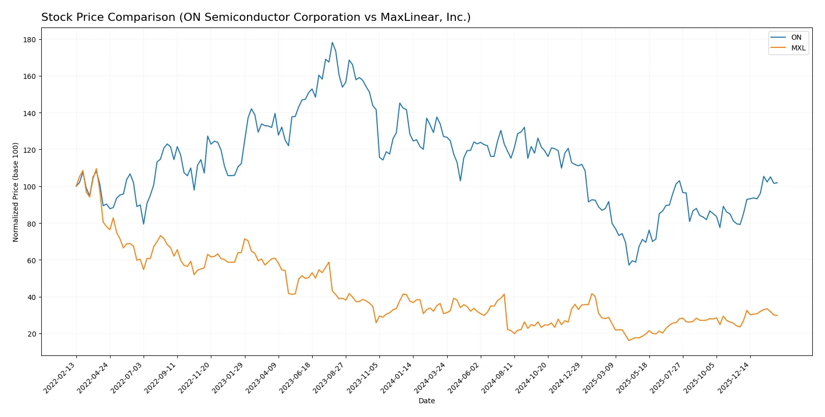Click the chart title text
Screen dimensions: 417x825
click(256, 17)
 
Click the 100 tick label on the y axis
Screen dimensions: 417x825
click(30, 187)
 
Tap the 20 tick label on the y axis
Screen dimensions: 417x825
click(32, 334)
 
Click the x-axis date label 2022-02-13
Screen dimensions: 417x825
click(60, 378)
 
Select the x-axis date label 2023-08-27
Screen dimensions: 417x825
click(329, 378)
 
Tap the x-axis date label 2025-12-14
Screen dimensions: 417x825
click(734, 378)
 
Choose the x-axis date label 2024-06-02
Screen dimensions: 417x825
click(464, 378)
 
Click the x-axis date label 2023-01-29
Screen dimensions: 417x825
click(229, 378)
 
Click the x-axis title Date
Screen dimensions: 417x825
click(426, 401)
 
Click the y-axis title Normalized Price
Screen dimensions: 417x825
click(16, 192)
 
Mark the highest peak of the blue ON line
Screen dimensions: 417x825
click(332, 42)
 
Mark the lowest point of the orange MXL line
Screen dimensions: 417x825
click(629, 340)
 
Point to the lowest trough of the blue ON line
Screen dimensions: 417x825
click(629, 265)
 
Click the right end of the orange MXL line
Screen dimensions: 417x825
click(777, 316)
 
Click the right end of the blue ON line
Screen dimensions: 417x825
click(777, 183)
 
